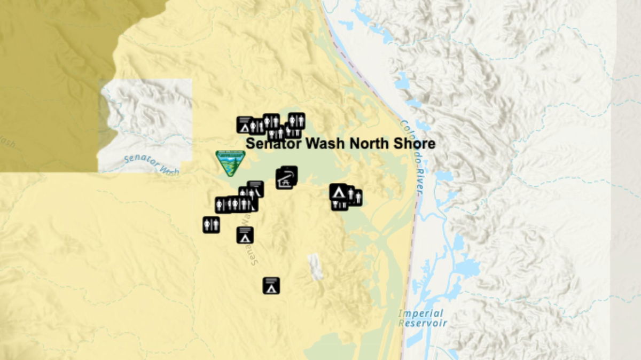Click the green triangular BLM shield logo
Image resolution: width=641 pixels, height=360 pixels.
[230, 163]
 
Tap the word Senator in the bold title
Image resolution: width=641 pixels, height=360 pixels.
[273, 143]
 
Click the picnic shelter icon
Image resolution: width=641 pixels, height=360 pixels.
[286, 178]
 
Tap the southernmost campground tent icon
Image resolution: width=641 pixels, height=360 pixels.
[271, 286]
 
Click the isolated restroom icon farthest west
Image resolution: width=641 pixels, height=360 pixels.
[211, 224]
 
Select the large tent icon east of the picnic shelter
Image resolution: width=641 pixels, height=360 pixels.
[338, 191]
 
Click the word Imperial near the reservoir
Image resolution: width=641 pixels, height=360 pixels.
[420, 314]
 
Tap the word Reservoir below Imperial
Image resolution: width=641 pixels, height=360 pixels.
[423, 323]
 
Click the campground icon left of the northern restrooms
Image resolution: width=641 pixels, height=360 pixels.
[244, 125]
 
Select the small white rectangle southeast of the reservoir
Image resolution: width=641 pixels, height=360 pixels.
[315, 266]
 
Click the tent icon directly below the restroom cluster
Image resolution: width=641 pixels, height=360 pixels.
[245, 235]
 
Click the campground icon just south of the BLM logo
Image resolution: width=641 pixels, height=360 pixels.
[255, 189]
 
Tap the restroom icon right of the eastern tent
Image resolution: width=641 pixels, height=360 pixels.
[355, 197]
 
